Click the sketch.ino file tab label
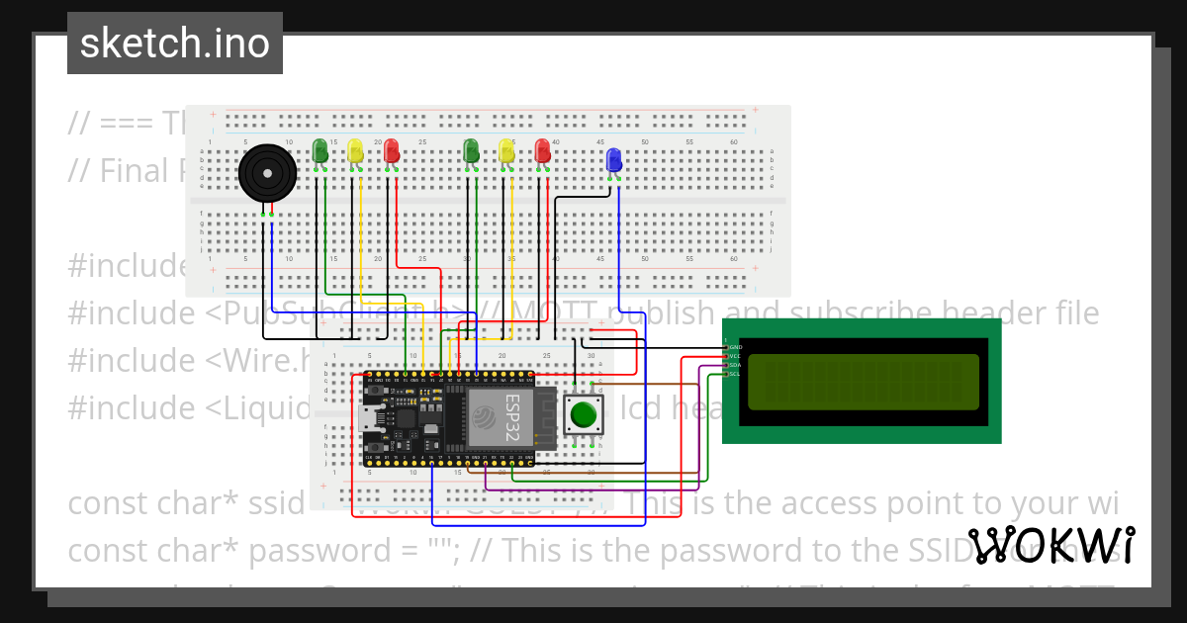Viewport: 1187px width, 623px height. (174, 44)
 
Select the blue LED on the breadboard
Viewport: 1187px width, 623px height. (613, 159)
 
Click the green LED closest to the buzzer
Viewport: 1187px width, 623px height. (320, 150)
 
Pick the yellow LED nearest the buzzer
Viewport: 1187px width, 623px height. (355, 150)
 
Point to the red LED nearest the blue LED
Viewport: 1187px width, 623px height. (542, 150)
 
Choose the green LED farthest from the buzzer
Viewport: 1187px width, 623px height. (471, 150)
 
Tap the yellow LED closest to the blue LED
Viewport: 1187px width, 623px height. (506, 150)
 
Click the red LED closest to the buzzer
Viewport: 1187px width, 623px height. (391, 150)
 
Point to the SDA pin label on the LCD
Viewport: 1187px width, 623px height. (734, 365)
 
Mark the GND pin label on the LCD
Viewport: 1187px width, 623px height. (734, 347)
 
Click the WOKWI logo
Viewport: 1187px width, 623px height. (1050, 546)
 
